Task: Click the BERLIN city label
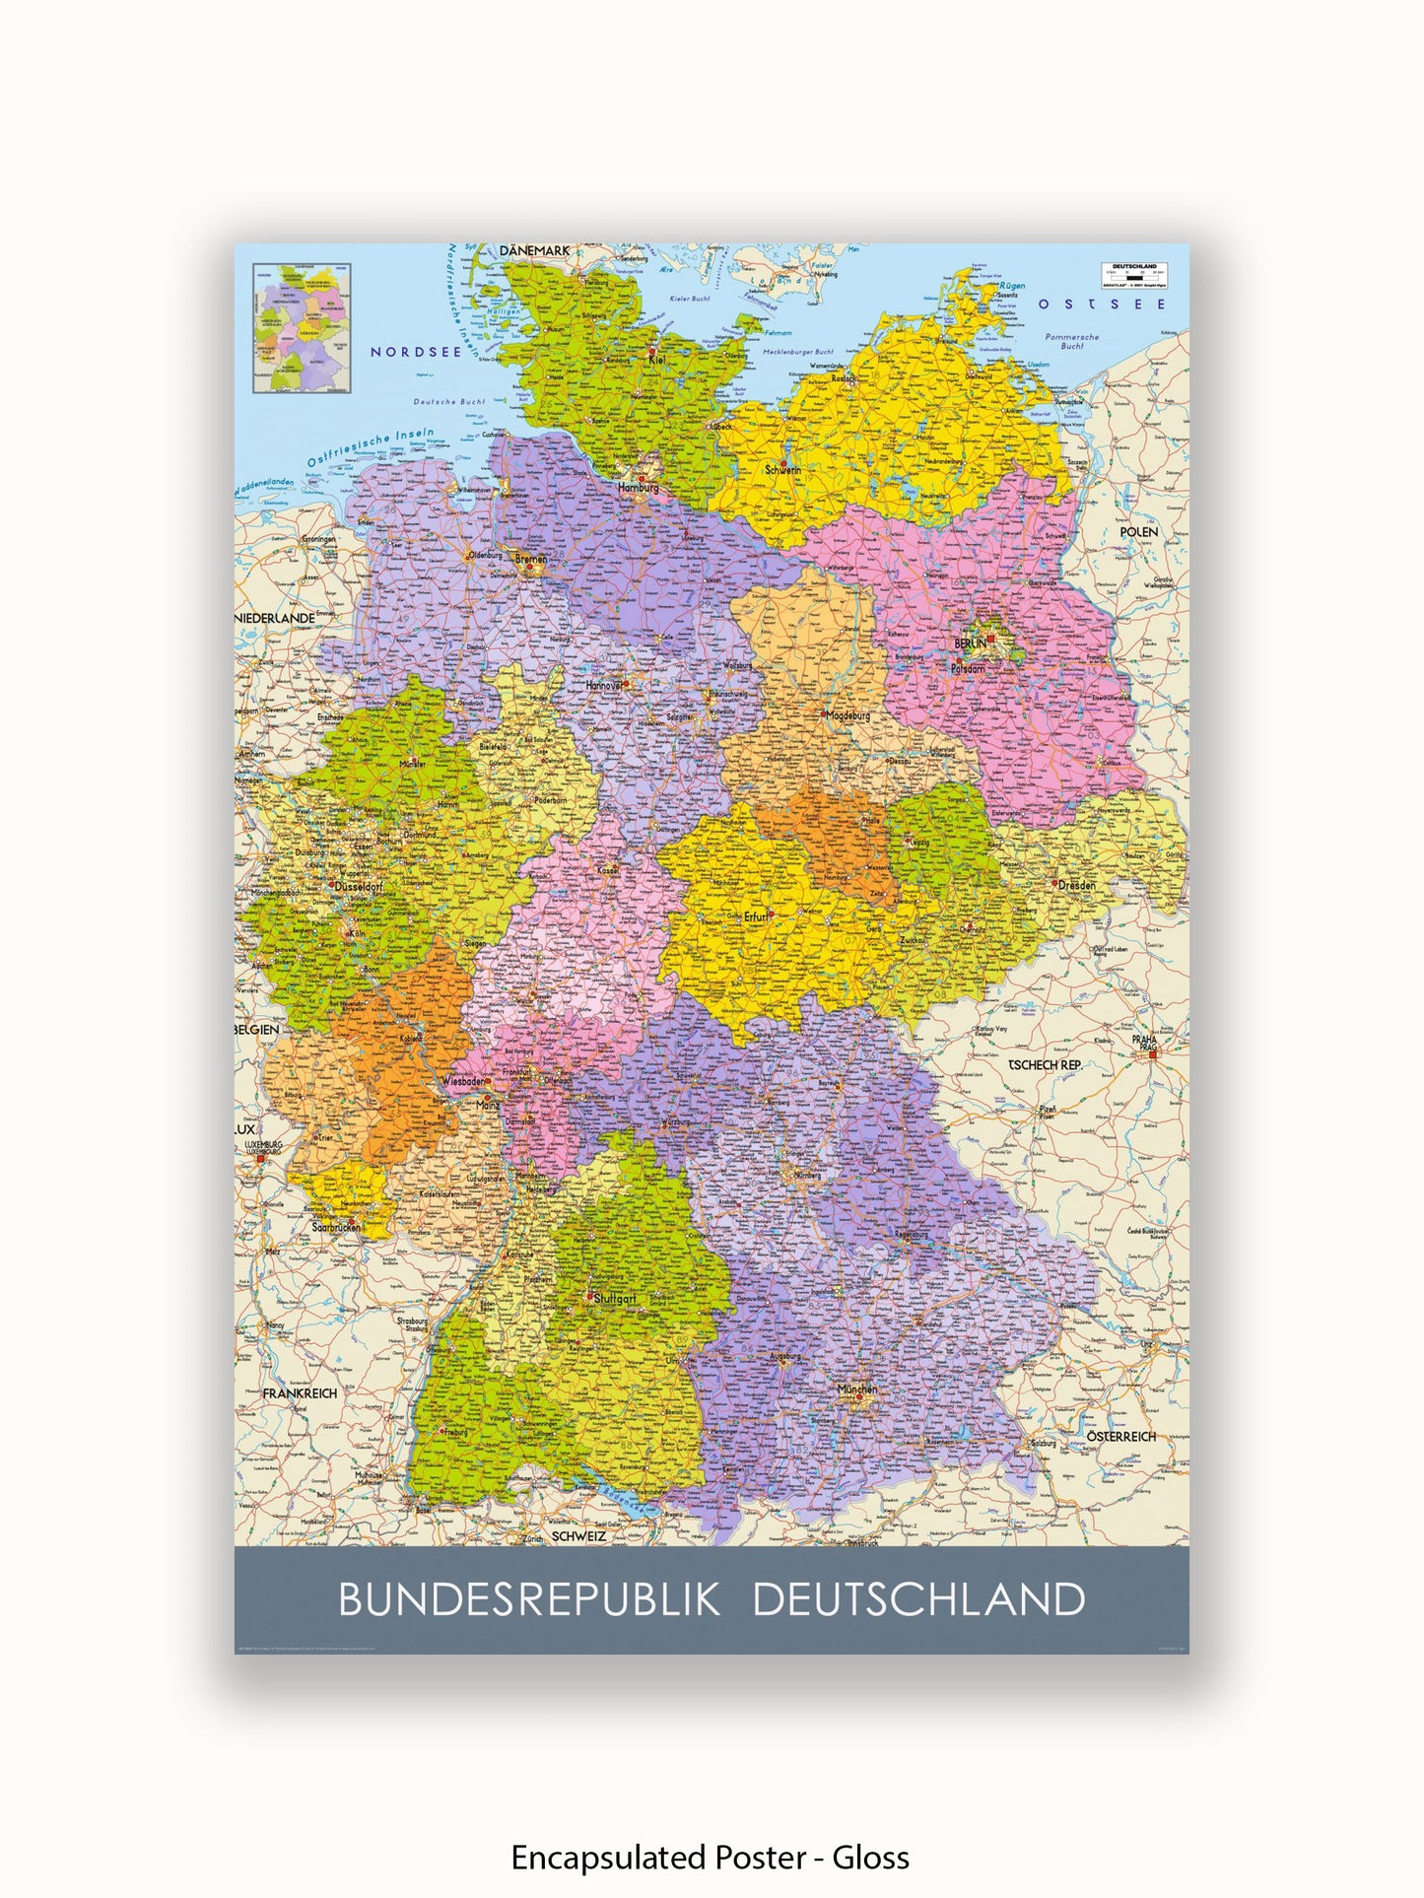pos(970,644)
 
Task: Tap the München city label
pos(856,1390)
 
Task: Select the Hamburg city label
pos(638,488)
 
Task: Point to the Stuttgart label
pos(615,1299)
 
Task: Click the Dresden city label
pos(1076,885)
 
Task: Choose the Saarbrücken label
pos(336,1228)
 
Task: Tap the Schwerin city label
pos(783,470)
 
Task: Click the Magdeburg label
pos(848,715)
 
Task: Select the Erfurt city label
pos(756,916)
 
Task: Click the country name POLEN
pos(1139,532)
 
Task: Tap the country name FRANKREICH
pos(300,1393)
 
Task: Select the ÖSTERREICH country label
pos(1121,1437)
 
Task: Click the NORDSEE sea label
pos(416,352)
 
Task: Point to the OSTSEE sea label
pos(1102,305)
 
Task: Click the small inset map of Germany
pos(302,328)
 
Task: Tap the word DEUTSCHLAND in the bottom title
pos(918,1599)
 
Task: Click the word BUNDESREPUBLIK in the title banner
pos(530,1599)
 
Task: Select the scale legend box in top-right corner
pos(1134,275)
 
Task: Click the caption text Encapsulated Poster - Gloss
pos(710,1858)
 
